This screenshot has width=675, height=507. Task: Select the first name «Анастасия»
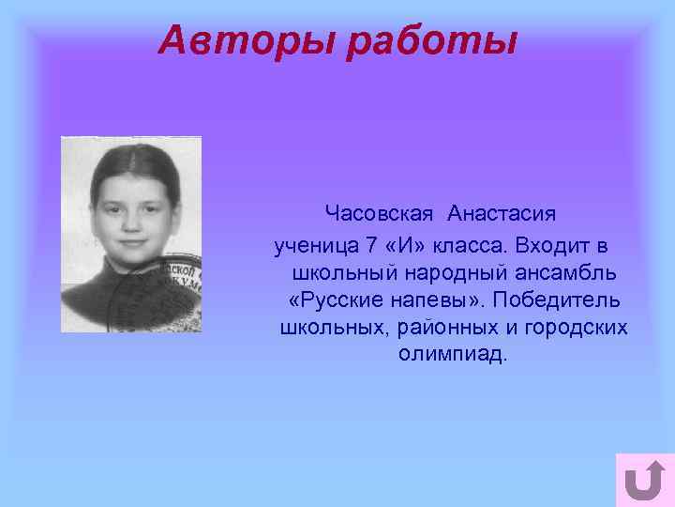point(502,214)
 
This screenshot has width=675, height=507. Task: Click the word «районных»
point(440,329)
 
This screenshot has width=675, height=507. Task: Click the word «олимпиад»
point(451,356)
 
